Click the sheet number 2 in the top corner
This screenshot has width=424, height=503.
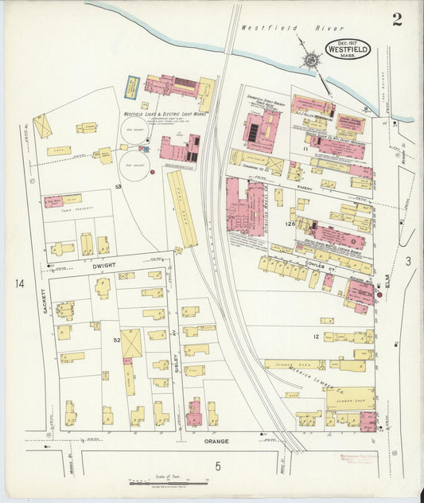coord(396,19)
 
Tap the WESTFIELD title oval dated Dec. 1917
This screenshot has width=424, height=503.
coord(347,49)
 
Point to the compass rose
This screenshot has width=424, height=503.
coord(307,59)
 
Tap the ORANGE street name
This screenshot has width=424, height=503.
coord(216,440)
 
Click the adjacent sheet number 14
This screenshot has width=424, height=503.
coord(19,283)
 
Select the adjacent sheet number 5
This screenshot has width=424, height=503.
coord(216,466)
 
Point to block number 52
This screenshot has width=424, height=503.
coord(117,340)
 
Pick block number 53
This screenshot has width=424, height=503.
coord(117,185)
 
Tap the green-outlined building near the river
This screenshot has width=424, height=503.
coord(133,84)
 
